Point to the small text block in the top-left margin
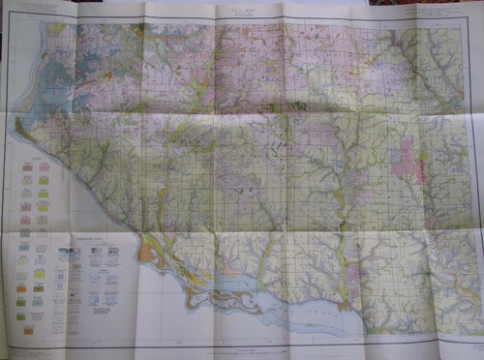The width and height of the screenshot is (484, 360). click(39, 12)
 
